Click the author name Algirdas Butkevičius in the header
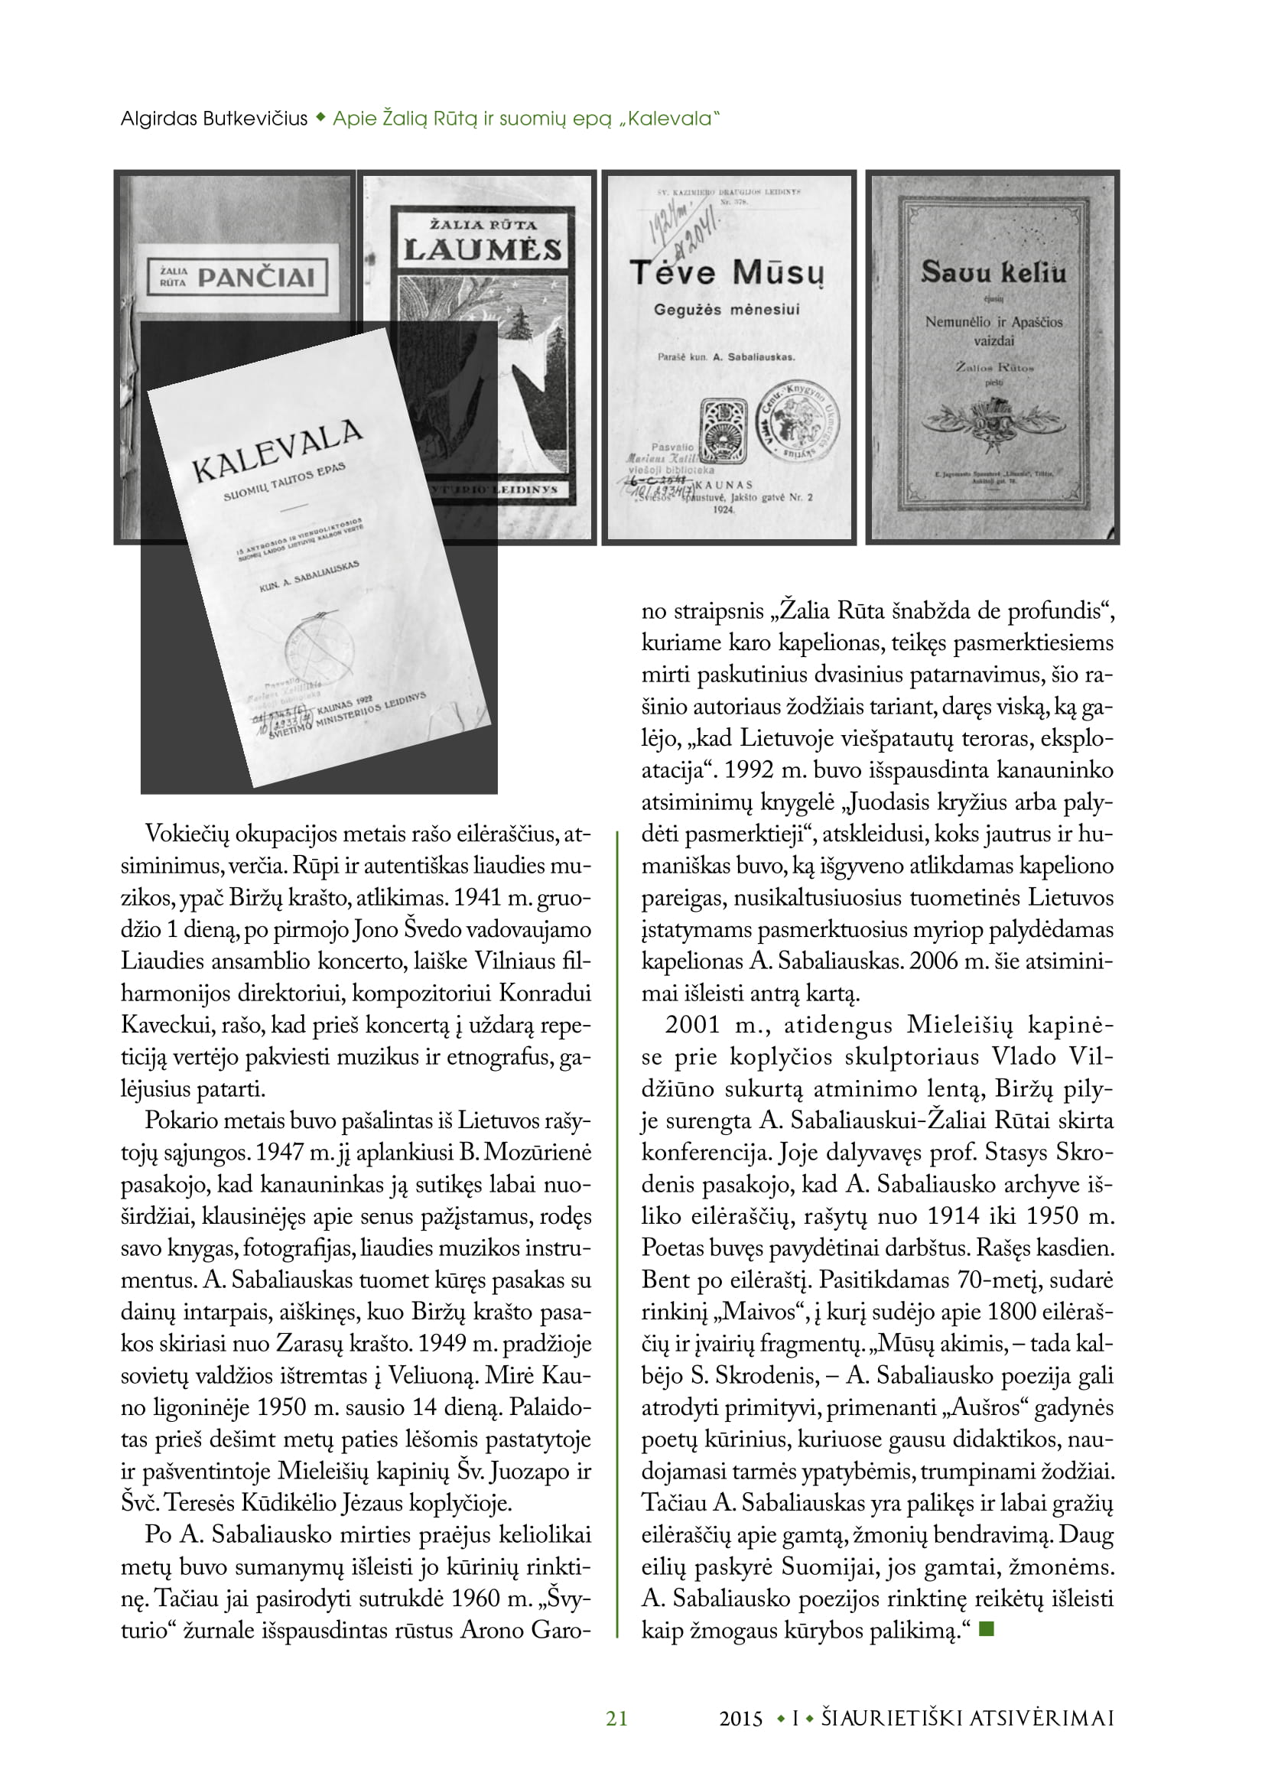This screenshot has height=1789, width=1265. coord(214,119)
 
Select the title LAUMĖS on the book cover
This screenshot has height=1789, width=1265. coord(482,250)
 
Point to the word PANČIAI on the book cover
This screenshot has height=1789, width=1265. coord(255,278)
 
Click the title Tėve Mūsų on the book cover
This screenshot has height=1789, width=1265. coord(726,273)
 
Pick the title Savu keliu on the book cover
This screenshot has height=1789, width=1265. coord(993,273)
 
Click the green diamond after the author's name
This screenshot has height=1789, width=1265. coord(320,119)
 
